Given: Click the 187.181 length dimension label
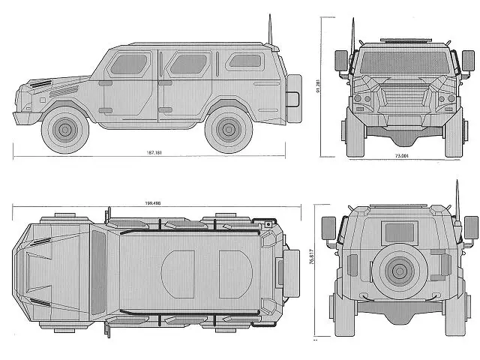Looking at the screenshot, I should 155,153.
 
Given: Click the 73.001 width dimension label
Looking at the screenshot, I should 402,156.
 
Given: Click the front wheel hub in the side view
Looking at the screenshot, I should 64,130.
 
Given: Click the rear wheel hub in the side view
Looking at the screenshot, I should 228,130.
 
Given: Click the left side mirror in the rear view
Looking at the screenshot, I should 328,226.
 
